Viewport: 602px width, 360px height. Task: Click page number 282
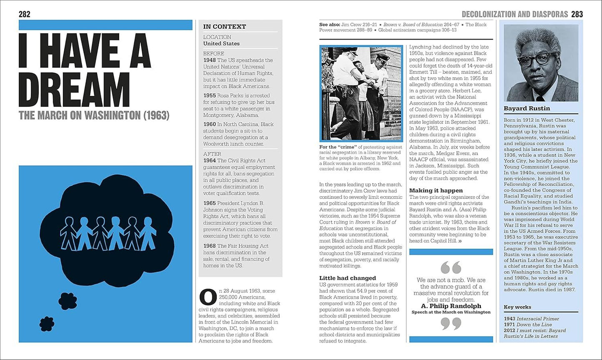point(25,15)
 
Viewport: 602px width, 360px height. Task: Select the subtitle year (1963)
point(156,116)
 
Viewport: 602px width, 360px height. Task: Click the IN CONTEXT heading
point(224,27)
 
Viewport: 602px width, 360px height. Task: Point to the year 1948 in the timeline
point(210,60)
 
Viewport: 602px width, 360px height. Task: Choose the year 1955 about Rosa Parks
point(210,95)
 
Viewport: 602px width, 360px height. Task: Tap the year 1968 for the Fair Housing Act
point(210,246)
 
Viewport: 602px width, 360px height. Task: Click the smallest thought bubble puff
point(47,323)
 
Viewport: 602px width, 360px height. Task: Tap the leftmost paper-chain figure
point(67,233)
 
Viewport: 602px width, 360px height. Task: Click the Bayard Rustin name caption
point(527,108)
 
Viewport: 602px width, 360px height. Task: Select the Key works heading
point(517,307)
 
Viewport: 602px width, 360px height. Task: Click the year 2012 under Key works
point(510,330)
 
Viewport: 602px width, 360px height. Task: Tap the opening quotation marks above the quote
point(451,267)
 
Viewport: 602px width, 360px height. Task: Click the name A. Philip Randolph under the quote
point(451,306)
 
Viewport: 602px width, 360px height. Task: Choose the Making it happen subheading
point(436,190)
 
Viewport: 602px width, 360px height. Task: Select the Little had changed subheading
point(347,278)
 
